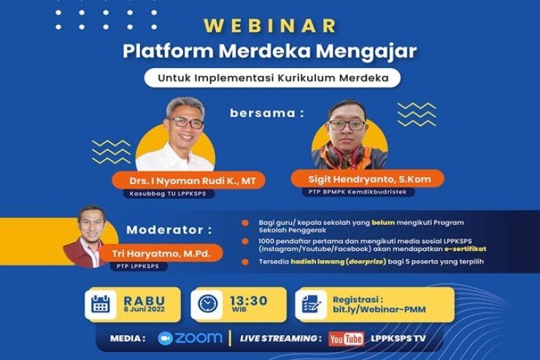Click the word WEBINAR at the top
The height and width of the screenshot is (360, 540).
point(269,26)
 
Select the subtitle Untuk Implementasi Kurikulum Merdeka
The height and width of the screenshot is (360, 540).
point(271,77)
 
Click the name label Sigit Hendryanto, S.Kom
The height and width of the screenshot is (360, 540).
point(353,178)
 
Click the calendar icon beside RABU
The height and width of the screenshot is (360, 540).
point(101,305)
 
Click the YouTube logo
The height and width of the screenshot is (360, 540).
point(346,339)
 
